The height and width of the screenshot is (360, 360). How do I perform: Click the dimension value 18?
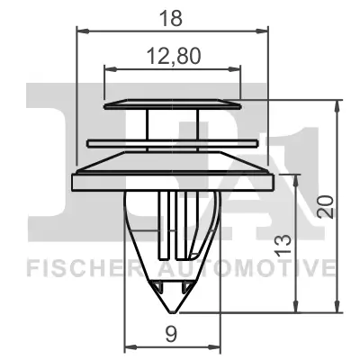(x=171, y=18)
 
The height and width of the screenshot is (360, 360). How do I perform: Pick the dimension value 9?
(x=171, y=336)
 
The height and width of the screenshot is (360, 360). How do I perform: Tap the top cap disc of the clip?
(x=173, y=104)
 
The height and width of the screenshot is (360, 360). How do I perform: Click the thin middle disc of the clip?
(x=173, y=141)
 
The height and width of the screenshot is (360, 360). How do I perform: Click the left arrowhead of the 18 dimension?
(x=79, y=31)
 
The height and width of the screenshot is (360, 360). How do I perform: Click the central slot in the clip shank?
(x=172, y=225)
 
